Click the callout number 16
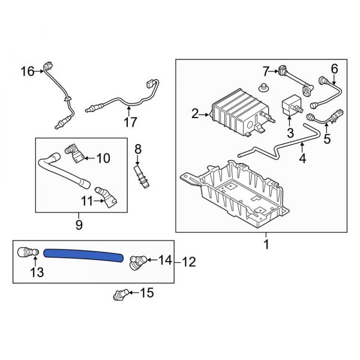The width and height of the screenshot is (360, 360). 28,72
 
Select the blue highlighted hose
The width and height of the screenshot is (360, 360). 84,256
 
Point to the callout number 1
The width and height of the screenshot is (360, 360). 266,245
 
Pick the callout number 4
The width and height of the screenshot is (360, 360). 302,160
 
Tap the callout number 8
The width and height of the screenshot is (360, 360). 137,148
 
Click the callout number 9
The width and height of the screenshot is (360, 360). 79,226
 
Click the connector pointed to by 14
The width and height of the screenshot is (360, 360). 138,261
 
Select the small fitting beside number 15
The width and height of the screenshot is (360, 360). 119,294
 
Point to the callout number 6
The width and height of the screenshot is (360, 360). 334,68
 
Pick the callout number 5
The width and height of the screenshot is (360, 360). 326,139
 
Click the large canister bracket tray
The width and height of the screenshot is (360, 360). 240,192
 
